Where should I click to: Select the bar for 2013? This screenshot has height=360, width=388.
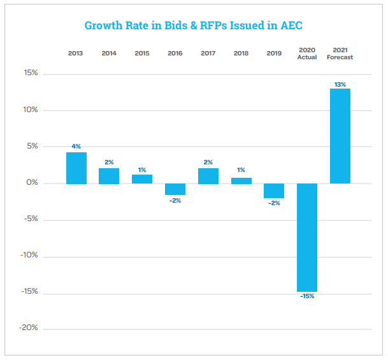coord(76,168)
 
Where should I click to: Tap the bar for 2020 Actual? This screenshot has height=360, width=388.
coord(307,237)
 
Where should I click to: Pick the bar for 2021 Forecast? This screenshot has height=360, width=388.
coord(340,136)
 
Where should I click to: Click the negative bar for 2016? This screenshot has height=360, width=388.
coord(175,189)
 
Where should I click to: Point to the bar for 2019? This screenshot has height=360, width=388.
coord(274,191)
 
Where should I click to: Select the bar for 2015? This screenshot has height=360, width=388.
coord(142,178)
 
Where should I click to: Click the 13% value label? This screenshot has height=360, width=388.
coord(340,84)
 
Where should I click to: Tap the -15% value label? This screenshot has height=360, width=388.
coord(307,296)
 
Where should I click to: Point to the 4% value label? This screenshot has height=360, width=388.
coord(76,147)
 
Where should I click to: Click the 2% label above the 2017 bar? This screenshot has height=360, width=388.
coord(208,162)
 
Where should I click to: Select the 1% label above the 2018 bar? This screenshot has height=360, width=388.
coord(241,171)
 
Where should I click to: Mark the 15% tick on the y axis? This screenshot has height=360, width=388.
coord(30,73)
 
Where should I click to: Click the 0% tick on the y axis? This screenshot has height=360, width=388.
coord(31,184)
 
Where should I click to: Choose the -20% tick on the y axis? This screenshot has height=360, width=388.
coord(29,328)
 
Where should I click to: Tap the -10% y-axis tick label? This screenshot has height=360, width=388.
coord(29,256)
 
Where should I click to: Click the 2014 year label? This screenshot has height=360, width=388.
coord(109,53)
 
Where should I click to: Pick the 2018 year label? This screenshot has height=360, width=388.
coord(241,53)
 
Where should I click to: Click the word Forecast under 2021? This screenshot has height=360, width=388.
coord(340,57)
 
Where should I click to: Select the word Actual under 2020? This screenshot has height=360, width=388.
coord(307,57)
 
